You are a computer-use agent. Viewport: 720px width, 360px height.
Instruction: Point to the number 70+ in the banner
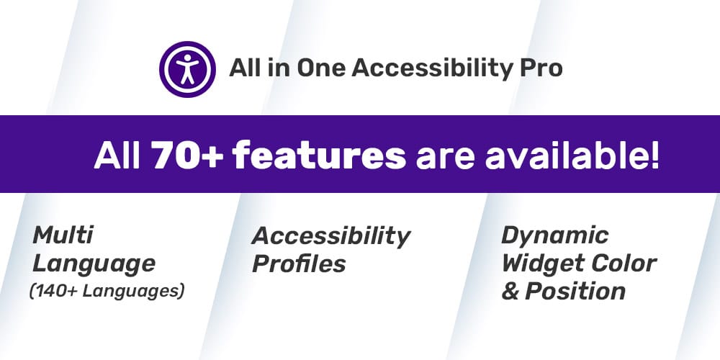[186, 155]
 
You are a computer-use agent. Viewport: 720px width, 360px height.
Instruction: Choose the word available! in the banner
[572, 155]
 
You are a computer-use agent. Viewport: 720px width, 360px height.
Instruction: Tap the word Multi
[63, 235]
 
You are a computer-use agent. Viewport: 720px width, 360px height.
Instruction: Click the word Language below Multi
[94, 263]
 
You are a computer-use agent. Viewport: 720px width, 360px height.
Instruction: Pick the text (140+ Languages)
[107, 291]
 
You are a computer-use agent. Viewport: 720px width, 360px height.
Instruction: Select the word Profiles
[299, 264]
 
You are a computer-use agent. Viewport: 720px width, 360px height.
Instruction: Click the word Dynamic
[555, 235]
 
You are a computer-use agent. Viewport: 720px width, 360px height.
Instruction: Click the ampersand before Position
[510, 291]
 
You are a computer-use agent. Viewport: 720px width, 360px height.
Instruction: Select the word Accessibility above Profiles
[331, 235]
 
